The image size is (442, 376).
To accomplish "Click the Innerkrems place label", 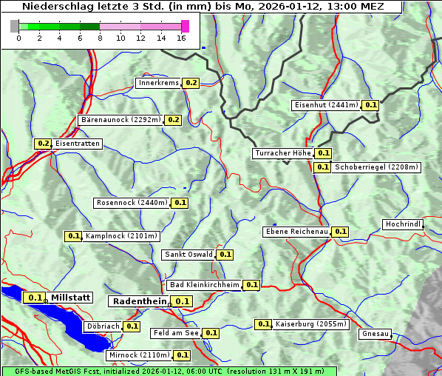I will coord(158,83).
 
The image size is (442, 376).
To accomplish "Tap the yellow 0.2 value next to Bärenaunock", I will coord(174,120).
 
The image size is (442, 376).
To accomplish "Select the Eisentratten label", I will coord(77,144).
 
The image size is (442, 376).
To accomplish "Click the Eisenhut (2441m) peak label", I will coord(326,105).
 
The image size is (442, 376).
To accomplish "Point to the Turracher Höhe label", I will coord(282,153).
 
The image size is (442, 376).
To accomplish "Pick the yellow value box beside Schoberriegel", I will coord(322,167).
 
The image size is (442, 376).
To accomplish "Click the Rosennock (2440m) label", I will coord(132,203).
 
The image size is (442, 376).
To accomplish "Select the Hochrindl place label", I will coord(403,224).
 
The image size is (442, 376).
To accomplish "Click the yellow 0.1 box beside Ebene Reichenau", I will coord(340,232).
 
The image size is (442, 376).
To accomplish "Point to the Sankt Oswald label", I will coord(188,255).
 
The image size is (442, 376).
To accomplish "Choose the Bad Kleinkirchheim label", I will coord(204,285).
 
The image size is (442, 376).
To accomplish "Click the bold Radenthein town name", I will coord(138,301).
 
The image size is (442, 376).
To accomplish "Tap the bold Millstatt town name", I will coord(71,298).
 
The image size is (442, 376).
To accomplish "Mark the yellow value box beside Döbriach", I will coord(132,326).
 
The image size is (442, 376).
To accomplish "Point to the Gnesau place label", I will coord(375,334).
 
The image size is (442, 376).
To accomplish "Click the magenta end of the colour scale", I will coord(186,26).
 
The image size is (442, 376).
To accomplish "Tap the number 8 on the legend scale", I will coord(100,38).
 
